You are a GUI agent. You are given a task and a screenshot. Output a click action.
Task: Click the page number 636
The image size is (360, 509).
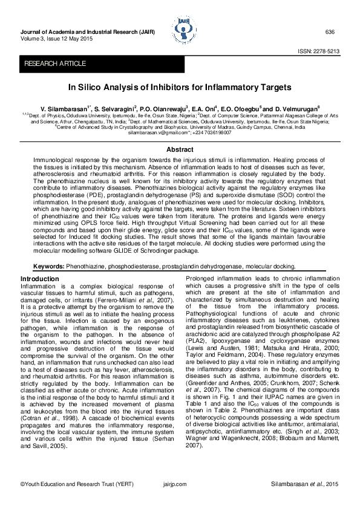(x=330, y=31)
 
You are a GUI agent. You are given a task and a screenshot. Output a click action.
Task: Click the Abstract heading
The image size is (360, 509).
(x=180, y=149)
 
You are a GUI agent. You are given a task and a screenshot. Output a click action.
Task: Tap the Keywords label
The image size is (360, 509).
(x=48, y=266)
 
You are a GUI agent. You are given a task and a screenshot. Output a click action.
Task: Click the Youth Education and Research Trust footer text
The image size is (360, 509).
(x=60, y=485)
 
